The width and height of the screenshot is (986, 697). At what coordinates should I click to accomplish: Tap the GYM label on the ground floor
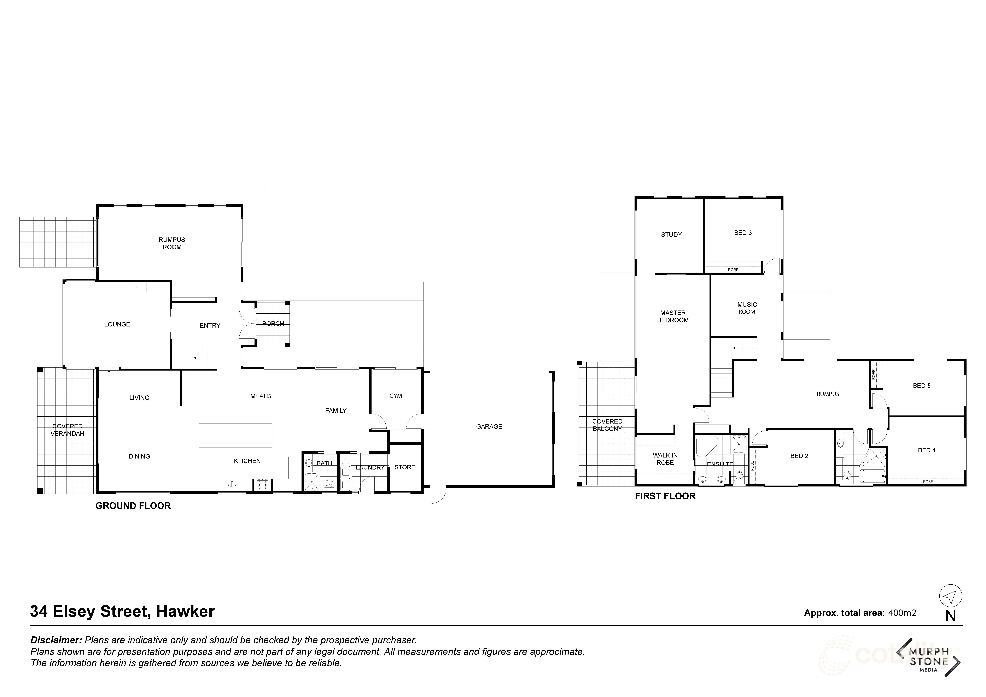[396, 396]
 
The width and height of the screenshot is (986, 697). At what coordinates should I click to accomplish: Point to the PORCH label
[273, 324]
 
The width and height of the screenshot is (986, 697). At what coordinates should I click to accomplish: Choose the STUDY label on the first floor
[671, 234]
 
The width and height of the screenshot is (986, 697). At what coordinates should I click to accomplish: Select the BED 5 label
[922, 385]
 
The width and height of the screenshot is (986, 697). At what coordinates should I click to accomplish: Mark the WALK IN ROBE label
[665, 459]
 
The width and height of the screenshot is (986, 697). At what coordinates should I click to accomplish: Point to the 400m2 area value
[902, 613]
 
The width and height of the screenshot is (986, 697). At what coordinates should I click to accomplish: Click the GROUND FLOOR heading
[133, 506]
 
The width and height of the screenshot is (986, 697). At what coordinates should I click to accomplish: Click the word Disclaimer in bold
[56, 640]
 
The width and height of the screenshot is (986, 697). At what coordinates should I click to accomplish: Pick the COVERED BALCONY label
[607, 425]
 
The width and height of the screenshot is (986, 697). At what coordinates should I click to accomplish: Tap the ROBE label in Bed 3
[733, 270]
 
